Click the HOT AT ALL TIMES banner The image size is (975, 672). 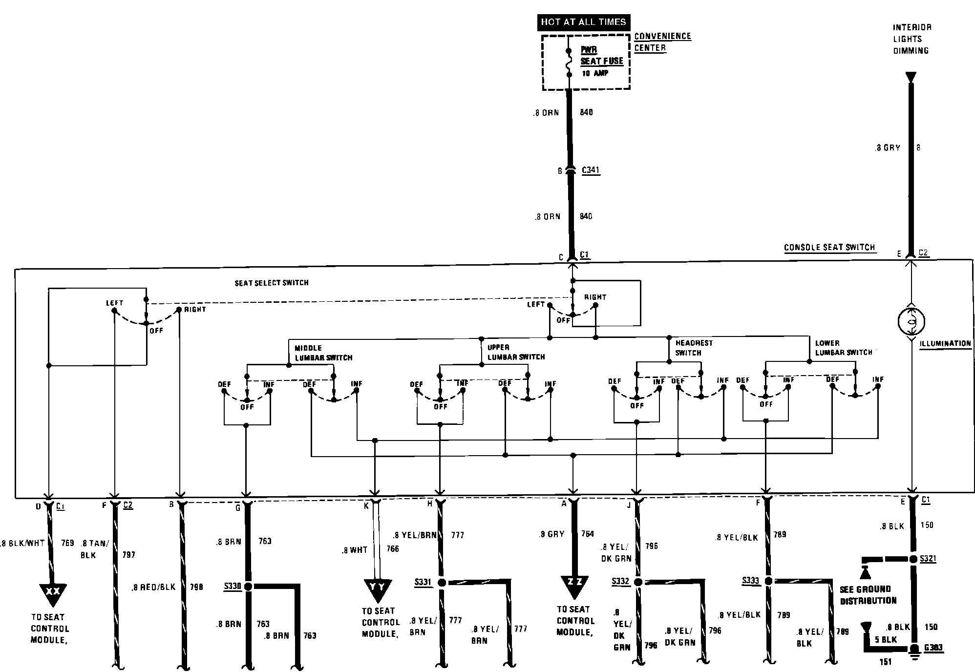(583, 22)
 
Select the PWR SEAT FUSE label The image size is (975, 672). (601, 56)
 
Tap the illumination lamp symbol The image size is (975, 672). (911, 321)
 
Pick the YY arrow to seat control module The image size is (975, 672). (378, 588)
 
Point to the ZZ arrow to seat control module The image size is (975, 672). (573, 585)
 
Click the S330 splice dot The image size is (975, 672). (248, 586)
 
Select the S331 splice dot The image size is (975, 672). (442, 582)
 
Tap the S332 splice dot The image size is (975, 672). (637, 582)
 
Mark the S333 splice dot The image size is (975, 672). (768, 581)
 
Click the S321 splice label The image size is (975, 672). (928, 559)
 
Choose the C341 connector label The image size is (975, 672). (591, 170)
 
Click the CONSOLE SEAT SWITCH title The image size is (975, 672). (829, 248)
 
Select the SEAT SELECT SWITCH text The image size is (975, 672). (272, 283)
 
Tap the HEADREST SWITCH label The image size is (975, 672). (694, 348)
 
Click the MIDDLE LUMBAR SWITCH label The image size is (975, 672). (323, 353)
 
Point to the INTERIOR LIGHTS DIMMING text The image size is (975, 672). (911, 39)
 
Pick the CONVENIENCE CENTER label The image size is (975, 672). (662, 42)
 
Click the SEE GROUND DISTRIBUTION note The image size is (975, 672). (868, 595)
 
